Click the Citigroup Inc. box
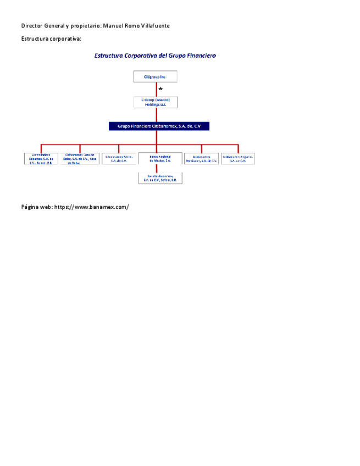156,77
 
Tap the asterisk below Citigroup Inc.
160,89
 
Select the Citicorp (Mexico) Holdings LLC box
156,102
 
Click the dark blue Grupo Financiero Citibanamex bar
159,126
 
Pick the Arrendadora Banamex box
41,159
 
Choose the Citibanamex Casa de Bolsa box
80,159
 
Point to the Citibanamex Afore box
119,159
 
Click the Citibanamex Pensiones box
201,159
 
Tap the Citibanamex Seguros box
238,159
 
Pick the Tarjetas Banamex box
160,178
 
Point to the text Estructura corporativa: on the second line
51,39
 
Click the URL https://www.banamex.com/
92,207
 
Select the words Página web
36,207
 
